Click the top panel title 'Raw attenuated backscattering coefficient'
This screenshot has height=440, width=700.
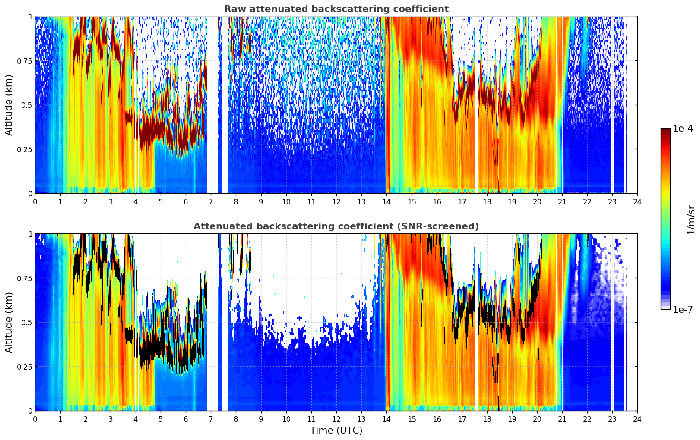336,9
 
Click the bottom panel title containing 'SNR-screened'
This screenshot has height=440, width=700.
336,226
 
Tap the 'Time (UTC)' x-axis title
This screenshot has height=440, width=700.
336,431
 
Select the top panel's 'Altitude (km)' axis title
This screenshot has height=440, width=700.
9,105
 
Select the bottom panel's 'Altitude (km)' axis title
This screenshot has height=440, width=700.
9,322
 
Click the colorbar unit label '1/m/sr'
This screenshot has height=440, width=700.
691,220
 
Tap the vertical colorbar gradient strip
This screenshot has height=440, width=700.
665,219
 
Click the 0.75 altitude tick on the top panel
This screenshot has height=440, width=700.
25,61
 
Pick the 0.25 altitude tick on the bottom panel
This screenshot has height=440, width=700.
25,367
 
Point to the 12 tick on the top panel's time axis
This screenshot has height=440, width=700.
336,202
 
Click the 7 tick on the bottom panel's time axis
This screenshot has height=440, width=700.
211,419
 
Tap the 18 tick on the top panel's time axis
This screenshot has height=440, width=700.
487,202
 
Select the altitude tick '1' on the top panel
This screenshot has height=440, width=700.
31,16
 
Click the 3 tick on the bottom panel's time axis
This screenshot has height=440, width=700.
110,419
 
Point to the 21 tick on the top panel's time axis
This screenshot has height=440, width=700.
562,202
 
